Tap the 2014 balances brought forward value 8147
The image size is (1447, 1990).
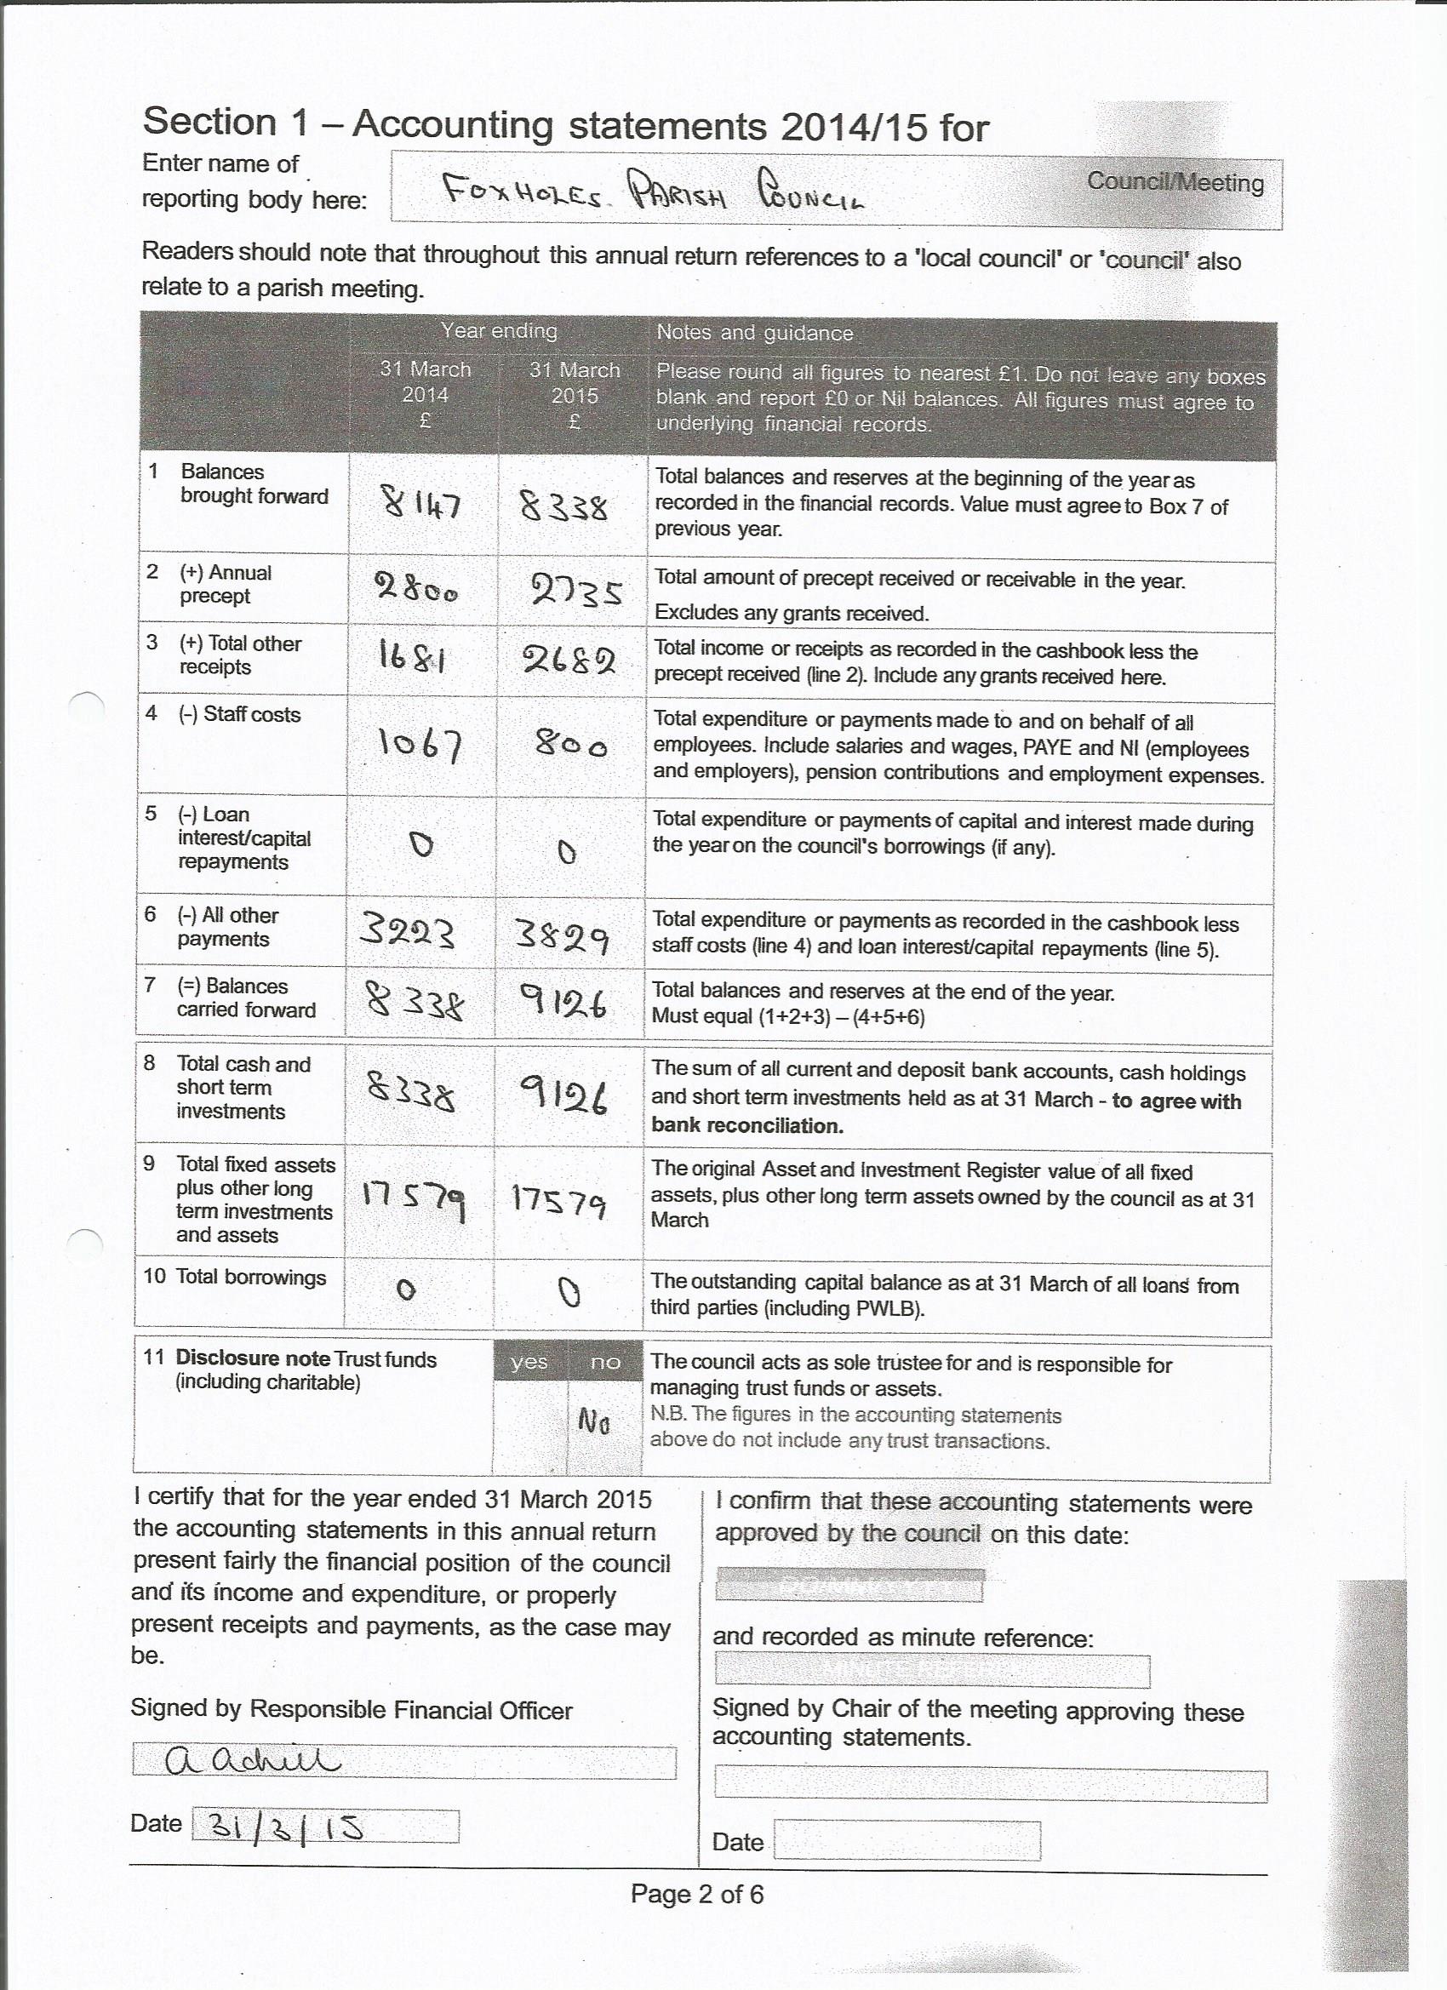pos(421,505)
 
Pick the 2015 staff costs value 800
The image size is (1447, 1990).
pos(571,746)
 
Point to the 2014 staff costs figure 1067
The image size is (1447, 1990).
pos(420,746)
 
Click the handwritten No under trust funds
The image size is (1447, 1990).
pos(594,1421)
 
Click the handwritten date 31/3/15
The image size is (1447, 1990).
pos(277,1827)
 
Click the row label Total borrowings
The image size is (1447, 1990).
pos(250,1277)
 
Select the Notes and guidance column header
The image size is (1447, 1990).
pos(755,334)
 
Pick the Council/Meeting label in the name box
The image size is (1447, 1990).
pos(1175,182)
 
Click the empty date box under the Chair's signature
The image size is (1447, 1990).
pos(907,1840)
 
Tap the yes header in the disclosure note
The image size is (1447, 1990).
pos(529,1362)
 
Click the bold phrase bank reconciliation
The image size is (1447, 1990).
pos(746,1127)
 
